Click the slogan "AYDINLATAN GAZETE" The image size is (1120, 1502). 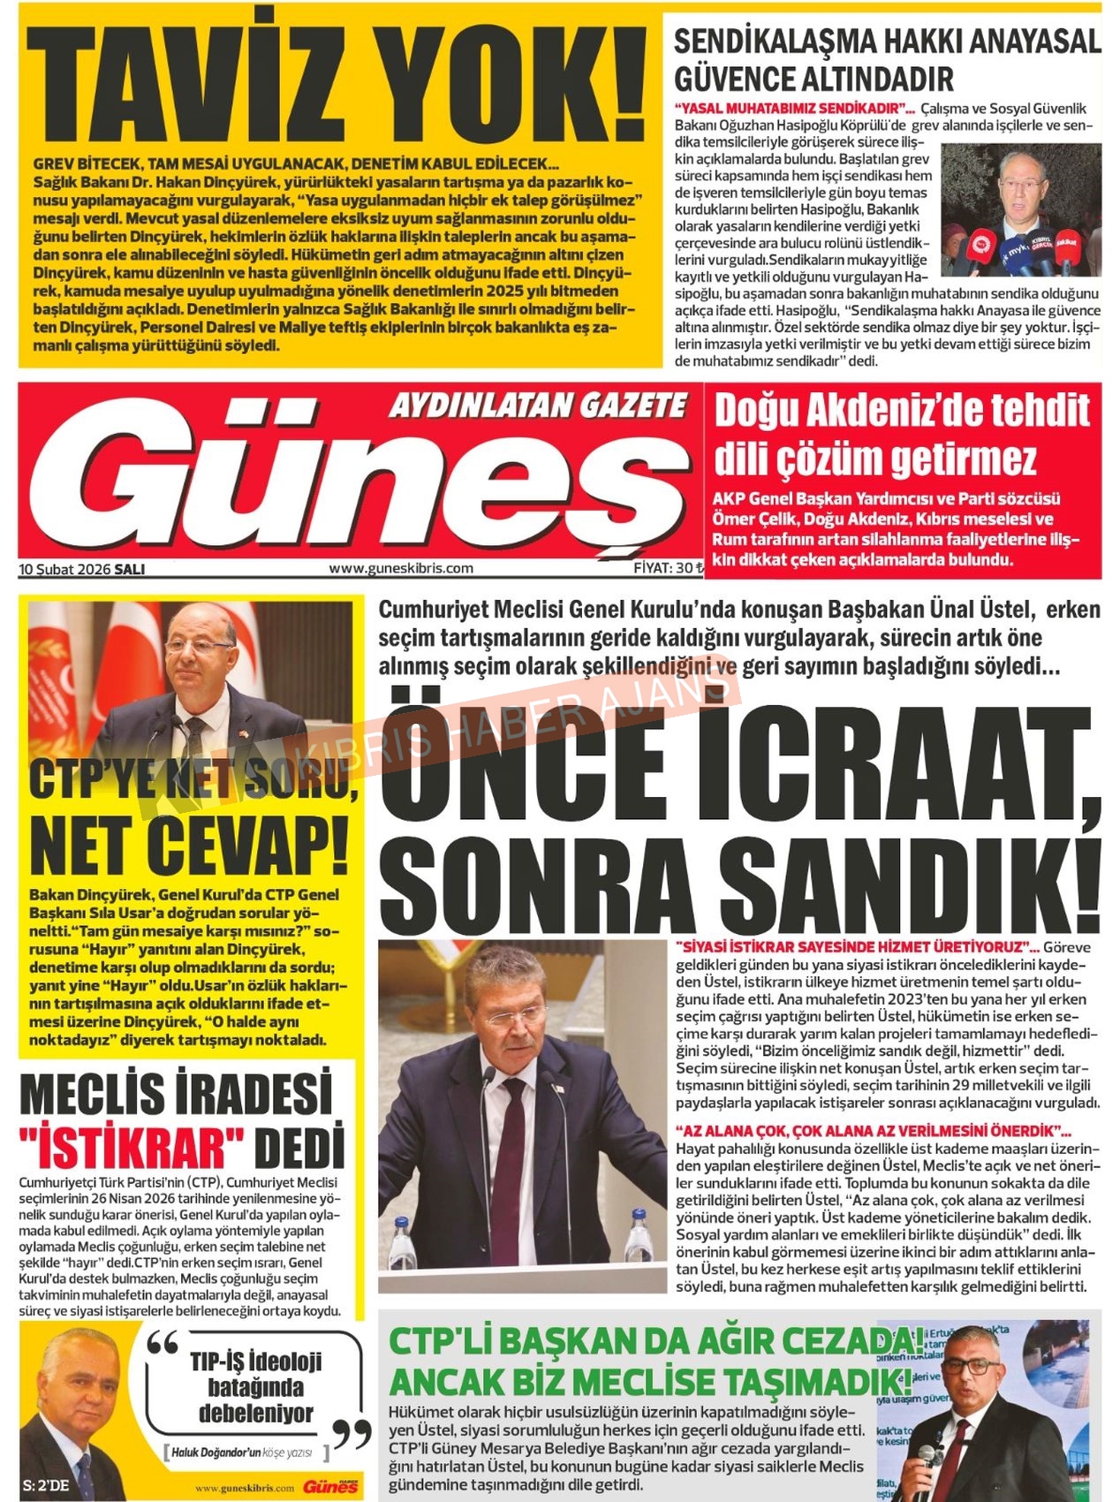[538, 406]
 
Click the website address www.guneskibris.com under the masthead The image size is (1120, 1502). [401, 568]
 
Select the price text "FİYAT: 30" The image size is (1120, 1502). [663, 568]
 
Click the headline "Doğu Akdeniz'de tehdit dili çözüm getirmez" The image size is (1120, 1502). [901, 435]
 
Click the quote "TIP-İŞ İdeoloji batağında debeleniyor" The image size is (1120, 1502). [256, 1387]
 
